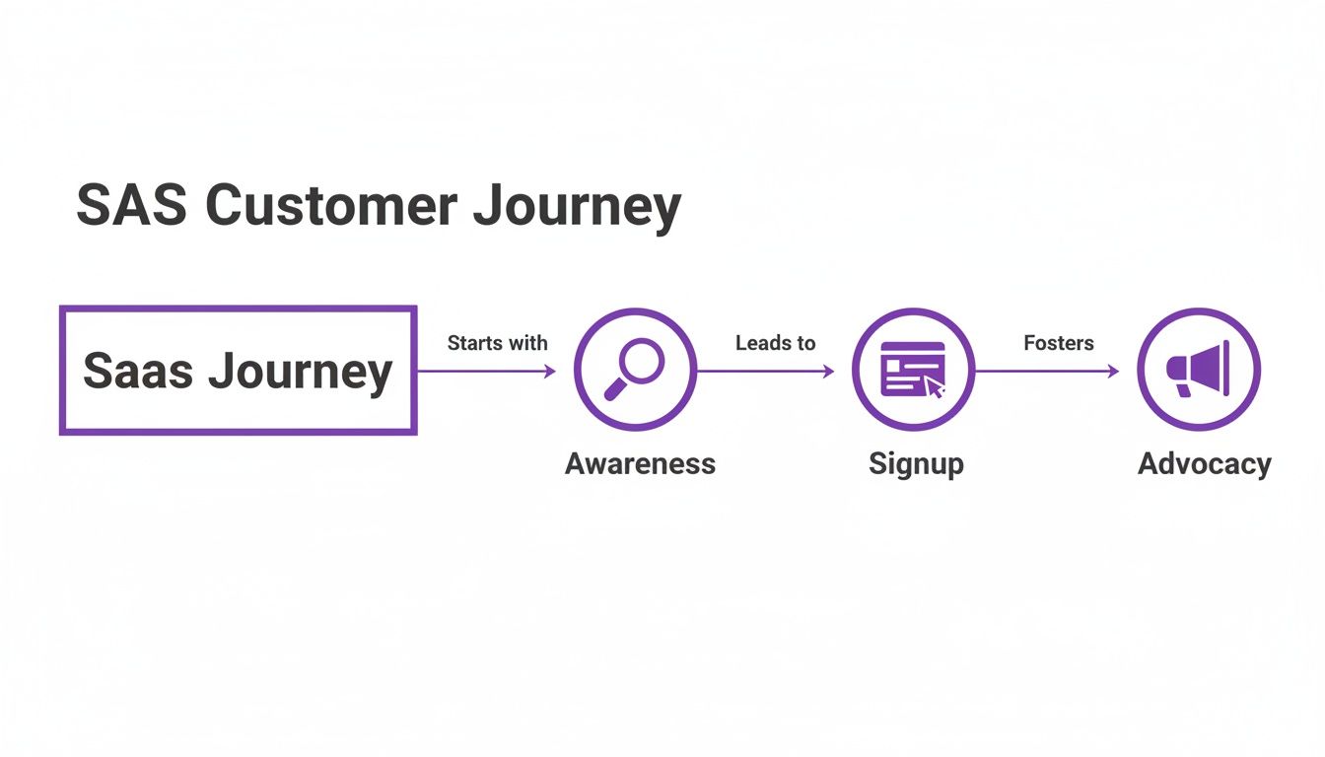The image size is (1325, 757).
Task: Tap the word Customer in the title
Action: coord(332,207)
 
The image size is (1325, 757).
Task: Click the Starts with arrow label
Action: coord(497,343)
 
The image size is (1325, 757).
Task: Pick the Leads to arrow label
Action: coord(775,343)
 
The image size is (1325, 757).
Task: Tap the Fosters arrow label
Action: coord(1059,343)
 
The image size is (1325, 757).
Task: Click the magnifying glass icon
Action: coord(635,369)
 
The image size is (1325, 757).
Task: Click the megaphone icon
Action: coord(1198,370)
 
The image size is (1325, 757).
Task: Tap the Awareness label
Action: coord(640,463)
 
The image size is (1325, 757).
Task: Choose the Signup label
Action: coord(916,463)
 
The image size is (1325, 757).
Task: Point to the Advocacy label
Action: coord(1204,463)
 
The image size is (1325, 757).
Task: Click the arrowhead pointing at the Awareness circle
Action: coord(550,372)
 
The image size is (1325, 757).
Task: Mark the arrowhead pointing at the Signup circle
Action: coord(828,372)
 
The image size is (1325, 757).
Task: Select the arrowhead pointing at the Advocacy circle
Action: coord(1113,372)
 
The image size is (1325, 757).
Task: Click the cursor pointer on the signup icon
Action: coord(934,388)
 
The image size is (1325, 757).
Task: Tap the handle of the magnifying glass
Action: coord(615,389)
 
